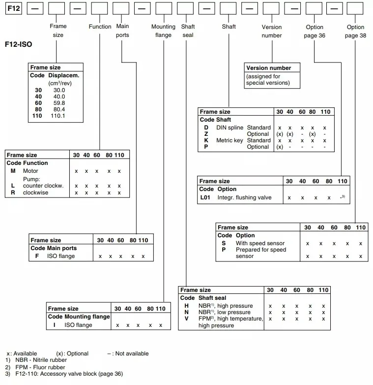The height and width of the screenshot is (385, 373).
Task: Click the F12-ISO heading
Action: (19, 44)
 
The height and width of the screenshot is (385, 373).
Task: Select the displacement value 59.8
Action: (59, 103)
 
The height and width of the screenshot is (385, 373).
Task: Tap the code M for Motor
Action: (13, 171)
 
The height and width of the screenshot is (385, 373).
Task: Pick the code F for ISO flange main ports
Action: (37, 256)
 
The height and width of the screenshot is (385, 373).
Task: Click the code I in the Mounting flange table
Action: (54, 325)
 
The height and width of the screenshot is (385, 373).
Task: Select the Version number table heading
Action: (268, 68)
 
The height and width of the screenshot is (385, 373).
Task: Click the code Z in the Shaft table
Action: (206, 134)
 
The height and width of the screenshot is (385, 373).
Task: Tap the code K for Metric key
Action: (206, 140)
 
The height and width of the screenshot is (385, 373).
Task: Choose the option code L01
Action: (205, 197)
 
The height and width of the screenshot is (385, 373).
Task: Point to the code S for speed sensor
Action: (224, 243)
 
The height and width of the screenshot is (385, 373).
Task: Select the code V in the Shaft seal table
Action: (186, 319)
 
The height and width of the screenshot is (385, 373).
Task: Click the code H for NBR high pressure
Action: (186, 306)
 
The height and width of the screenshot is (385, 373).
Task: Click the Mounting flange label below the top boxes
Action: (163, 31)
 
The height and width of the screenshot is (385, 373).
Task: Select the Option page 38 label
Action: (355, 31)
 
